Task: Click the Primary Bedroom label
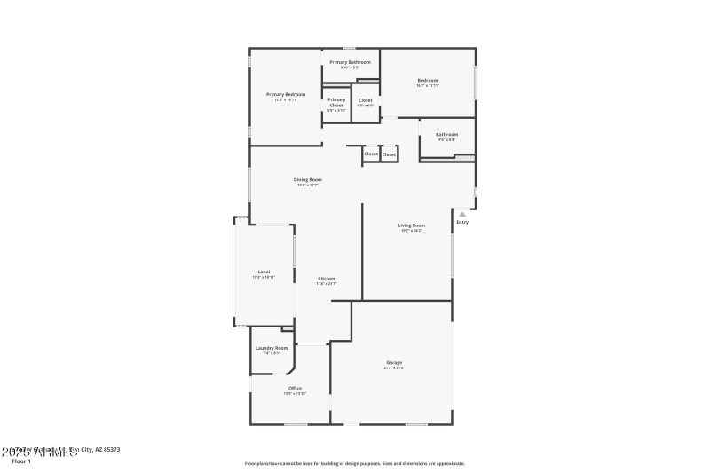tap(286, 94)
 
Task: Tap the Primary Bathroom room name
tap(350, 62)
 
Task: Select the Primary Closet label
tap(336, 102)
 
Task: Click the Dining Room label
tap(307, 179)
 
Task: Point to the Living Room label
tap(411, 225)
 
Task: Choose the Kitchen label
tap(327, 279)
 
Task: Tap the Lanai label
tap(264, 272)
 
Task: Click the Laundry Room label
tap(272, 347)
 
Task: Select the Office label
tap(295, 388)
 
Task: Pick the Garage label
tap(394, 362)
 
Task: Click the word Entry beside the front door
tap(462, 222)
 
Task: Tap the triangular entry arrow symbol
tap(461, 214)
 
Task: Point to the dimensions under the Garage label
tap(394, 367)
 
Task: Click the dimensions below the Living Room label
tap(411, 231)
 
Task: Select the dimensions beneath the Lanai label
tap(264, 277)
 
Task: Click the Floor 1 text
tap(21, 461)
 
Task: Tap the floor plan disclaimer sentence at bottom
tap(354, 463)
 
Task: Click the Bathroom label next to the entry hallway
tap(446, 135)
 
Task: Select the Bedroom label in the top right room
tap(428, 81)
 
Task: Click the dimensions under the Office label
tap(295, 393)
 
